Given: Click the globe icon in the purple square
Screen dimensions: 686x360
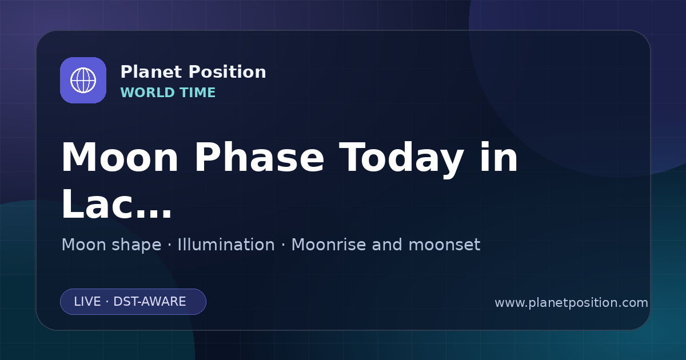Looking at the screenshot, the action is [83, 80].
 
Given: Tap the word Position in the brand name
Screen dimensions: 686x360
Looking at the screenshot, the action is [228, 72].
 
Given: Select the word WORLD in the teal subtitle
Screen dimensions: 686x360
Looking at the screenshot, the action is [147, 93].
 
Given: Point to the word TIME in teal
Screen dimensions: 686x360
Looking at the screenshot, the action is [198, 93].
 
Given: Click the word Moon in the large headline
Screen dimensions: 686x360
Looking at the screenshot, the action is [119, 157].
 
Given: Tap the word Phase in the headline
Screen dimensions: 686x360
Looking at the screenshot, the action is [259, 157].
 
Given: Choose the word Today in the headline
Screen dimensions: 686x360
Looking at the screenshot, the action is [401, 159].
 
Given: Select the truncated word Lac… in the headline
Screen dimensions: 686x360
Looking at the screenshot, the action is [117, 203].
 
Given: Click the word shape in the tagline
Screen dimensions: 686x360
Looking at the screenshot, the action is [136, 246].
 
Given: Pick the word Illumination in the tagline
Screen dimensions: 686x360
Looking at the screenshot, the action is [226, 245].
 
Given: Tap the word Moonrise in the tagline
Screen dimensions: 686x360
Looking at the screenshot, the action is [331, 245].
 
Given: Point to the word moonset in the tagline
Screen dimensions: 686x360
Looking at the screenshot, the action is [444, 245].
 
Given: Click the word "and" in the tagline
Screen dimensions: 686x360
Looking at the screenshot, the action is [387, 245].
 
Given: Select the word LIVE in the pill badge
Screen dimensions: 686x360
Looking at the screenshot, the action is [87, 302].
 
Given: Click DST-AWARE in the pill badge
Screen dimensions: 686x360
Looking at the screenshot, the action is [149, 302].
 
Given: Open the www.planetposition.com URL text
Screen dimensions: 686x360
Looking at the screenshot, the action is [571, 303].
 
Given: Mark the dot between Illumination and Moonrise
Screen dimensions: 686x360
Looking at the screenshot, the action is [283, 245].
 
